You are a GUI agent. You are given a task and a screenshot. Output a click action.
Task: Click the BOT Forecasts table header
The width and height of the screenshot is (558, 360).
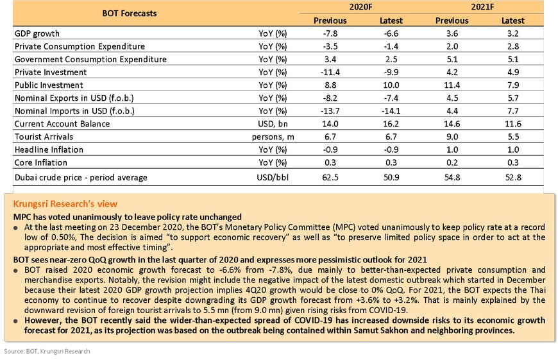tap(130, 13)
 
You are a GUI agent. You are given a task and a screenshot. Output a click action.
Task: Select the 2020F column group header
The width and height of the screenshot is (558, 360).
tap(360, 7)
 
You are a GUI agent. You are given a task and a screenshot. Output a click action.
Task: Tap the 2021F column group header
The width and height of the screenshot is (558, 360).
tap(482, 7)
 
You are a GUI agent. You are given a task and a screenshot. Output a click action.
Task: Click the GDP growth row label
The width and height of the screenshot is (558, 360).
tap(37, 34)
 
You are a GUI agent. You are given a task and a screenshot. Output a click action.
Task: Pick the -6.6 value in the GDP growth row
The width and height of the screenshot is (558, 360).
tap(391, 34)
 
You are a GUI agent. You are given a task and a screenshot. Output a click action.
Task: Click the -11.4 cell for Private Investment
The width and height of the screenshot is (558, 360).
tap(330, 73)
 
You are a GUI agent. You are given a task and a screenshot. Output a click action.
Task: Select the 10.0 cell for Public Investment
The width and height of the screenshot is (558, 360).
tap(391, 85)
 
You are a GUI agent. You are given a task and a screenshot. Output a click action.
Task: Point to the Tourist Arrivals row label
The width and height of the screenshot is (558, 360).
tap(44, 137)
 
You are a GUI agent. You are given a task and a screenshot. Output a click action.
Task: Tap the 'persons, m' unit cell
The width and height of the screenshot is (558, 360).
tap(273, 137)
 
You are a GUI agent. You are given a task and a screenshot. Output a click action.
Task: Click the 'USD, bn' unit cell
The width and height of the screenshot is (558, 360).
tap(273, 124)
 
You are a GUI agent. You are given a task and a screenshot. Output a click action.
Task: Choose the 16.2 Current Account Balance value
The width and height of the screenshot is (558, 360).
tap(391, 124)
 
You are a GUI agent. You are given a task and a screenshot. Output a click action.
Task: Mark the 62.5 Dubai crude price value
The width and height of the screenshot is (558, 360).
tap(330, 177)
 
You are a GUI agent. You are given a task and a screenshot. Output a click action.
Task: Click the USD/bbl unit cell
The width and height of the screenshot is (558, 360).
tap(273, 177)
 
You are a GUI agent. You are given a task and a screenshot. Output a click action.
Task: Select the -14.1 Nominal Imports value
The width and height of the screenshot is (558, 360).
tap(391, 111)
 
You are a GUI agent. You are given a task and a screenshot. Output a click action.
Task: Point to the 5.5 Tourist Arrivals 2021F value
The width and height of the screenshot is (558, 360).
tap(513, 137)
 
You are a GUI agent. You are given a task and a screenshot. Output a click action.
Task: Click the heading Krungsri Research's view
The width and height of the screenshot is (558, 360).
tap(65, 204)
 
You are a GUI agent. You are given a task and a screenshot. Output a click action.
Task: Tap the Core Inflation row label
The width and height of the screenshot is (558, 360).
tap(41, 163)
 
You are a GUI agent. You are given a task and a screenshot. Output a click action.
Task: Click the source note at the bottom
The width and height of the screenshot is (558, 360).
tap(47, 352)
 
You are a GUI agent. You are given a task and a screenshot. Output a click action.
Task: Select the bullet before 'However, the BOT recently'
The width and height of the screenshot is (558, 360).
tap(15, 321)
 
